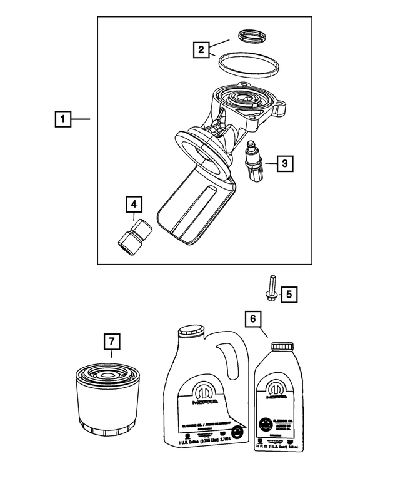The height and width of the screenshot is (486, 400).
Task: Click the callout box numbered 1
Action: click(x=62, y=118)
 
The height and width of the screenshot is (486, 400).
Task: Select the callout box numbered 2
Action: click(x=201, y=49)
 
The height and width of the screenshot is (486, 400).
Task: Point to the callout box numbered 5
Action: click(x=288, y=293)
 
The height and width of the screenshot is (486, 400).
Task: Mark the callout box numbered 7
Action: click(x=111, y=342)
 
